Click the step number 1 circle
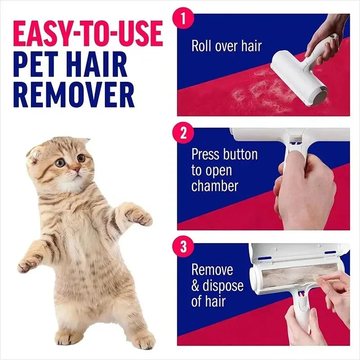[183, 19]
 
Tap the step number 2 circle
[183, 134]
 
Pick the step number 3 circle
[183, 247]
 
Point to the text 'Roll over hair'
[226, 46]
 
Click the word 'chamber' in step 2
[215, 186]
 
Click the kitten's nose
[77, 170]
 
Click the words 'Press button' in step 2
[224, 154]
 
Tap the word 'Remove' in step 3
[212, 270]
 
